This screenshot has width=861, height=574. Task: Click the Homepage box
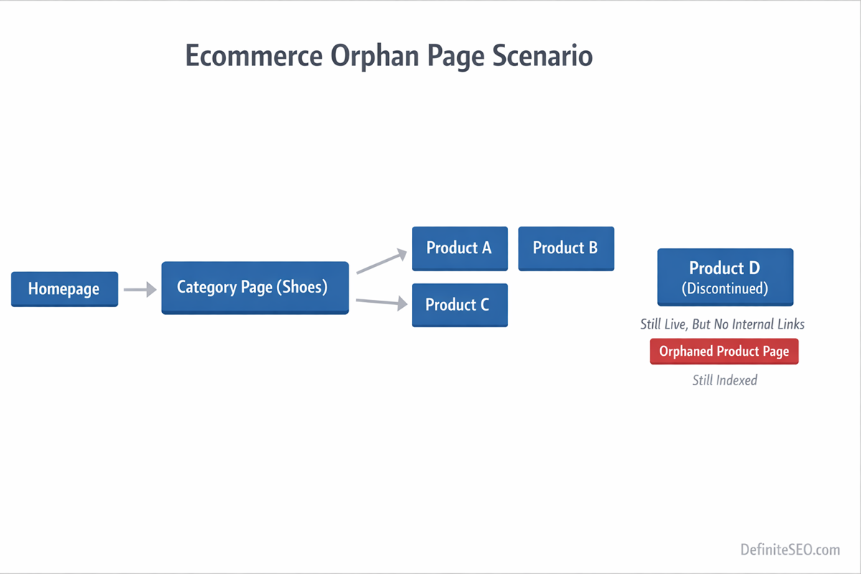pos(64,289)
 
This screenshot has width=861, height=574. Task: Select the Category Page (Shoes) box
pos(255,288)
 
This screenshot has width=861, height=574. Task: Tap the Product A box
pos(459,248)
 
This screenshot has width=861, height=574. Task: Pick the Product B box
pos(565,248)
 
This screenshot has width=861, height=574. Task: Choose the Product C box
pos(459,305)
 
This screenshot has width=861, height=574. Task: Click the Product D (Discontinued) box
pos(725,277)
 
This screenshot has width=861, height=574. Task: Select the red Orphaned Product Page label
pos(724,352)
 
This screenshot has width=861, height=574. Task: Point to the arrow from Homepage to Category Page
pos(140,290)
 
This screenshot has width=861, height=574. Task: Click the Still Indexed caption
pos(725,380)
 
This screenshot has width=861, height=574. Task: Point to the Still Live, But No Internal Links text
pos(723,324)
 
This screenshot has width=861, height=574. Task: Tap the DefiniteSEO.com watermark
pos(790,550)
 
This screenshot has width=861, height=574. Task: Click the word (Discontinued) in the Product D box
pos(725,289)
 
